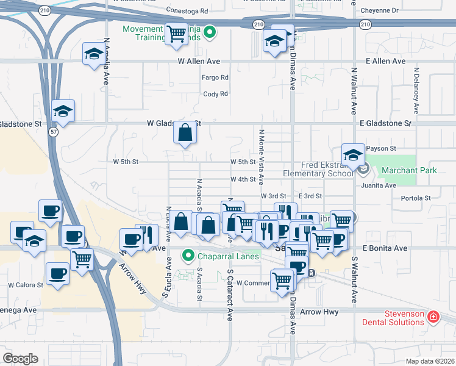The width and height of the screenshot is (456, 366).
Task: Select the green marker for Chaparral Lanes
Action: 189,256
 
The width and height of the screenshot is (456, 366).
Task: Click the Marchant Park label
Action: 416,170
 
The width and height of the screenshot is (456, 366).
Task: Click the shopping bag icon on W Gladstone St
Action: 185,132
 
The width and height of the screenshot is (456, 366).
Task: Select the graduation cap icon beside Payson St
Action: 353,156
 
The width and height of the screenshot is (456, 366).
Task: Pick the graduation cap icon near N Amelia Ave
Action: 93,54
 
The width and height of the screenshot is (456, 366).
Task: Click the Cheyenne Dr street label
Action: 379,10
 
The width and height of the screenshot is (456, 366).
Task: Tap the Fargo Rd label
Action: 215,77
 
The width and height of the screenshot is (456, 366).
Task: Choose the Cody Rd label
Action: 215,94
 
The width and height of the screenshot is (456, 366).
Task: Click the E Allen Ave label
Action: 386,62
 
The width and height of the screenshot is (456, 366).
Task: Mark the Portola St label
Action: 416,198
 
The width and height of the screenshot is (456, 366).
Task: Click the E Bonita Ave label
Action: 384,248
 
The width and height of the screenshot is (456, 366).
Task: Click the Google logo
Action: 20,359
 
